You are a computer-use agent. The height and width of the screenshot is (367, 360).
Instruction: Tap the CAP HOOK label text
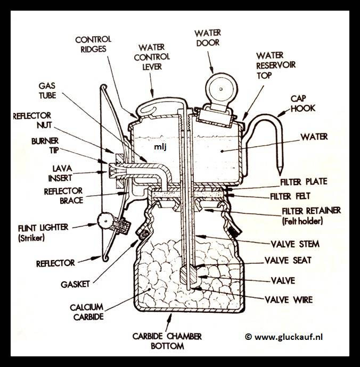302,103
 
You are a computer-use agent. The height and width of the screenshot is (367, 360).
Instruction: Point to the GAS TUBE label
47,90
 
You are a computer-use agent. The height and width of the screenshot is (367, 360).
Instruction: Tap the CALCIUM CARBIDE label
86,313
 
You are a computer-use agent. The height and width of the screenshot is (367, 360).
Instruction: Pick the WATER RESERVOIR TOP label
276,65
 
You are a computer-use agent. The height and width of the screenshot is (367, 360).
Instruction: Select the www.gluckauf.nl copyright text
291,336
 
